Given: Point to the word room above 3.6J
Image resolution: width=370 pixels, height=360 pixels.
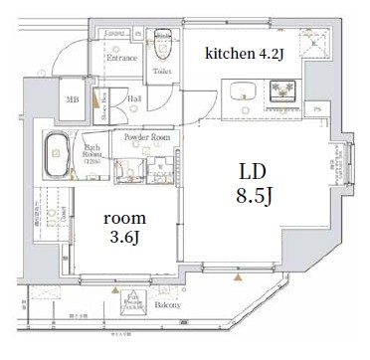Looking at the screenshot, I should [x=124, y=217].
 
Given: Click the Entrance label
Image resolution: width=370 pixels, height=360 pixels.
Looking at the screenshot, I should [x=121, y=58].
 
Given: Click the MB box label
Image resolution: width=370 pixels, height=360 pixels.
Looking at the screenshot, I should [x=73, y=99].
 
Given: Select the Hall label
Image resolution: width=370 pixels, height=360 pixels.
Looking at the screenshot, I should [x=133, y=98].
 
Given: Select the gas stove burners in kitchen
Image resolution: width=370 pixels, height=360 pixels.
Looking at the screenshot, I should [x=282, y=91].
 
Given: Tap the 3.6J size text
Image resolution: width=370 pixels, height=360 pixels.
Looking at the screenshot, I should [x=124, y=237].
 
